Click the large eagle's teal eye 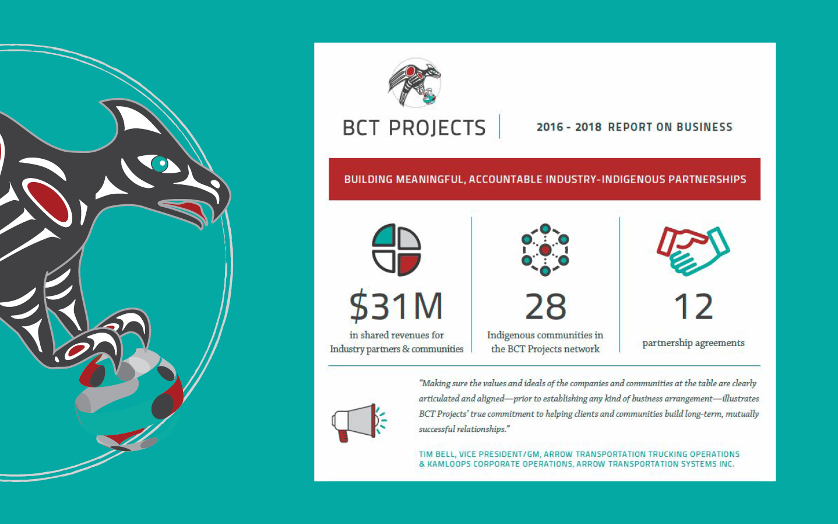(160, 164)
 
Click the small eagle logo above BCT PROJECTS (414, 83)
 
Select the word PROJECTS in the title (437, 128)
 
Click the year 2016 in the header (550, 127)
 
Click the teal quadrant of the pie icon (384, 236)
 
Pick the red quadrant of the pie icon (409, 264)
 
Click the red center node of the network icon (545, 250)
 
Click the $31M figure (396, 306)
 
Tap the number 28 (545, 306)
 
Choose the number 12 (693, 306)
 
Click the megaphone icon (359, 422)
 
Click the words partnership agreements (693, 343)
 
